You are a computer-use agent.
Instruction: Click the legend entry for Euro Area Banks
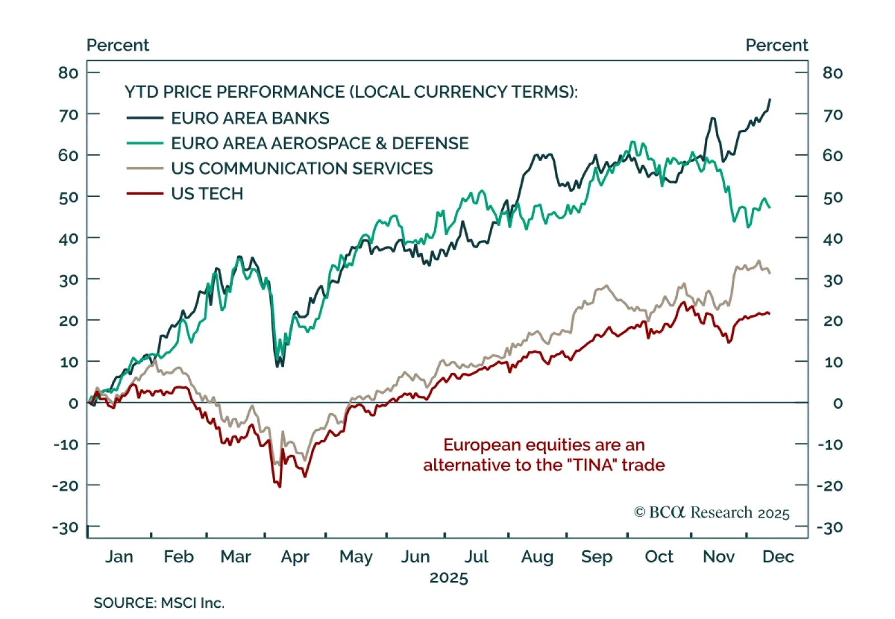250,118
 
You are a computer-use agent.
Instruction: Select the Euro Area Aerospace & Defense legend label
319,143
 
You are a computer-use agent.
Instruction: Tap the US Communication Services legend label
302,168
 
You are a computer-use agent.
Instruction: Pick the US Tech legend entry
207,193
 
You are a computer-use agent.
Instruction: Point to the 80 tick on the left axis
68,73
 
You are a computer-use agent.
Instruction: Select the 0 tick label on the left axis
73,403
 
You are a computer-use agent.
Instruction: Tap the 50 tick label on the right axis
832,197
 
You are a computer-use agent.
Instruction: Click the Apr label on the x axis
295,557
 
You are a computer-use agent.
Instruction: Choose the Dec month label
778,557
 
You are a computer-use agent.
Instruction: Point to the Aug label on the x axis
537,557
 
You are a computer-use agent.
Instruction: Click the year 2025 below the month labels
449,578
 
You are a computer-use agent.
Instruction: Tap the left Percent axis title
118,45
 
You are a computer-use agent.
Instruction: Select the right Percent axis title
776,45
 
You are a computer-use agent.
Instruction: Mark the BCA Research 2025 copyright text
712,513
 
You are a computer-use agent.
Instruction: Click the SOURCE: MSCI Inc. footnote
159,603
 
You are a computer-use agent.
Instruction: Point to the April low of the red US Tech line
280,486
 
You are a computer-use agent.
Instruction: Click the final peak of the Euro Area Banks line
770,100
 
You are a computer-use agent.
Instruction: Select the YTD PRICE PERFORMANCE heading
351,92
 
